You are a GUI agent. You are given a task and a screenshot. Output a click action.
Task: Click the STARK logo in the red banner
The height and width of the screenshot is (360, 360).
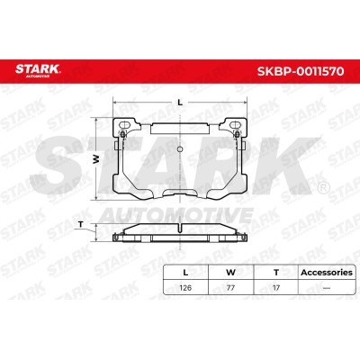tap(38, 69)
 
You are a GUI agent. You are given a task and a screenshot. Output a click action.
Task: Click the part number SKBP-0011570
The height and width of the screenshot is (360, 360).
tap(301, 71)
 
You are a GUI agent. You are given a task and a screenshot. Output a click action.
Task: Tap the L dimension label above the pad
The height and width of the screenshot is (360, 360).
tap(180, 103)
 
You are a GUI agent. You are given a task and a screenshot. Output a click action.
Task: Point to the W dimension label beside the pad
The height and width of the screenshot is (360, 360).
tap(95, 159)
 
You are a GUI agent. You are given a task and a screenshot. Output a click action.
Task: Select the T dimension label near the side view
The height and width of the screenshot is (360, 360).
tap(80, 224)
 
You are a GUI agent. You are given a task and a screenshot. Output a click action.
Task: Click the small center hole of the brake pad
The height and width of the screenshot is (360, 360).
tap(180, 149)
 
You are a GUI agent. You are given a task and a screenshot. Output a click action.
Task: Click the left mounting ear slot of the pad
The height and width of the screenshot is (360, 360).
tap(124, 124)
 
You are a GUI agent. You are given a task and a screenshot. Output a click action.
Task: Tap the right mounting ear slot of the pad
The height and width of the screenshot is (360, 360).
tap(236, 124)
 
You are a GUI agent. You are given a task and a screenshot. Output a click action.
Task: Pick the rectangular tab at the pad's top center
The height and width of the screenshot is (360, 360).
tap(179, 129)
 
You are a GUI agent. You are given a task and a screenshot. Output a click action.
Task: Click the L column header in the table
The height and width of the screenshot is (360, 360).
tap(185, 273)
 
